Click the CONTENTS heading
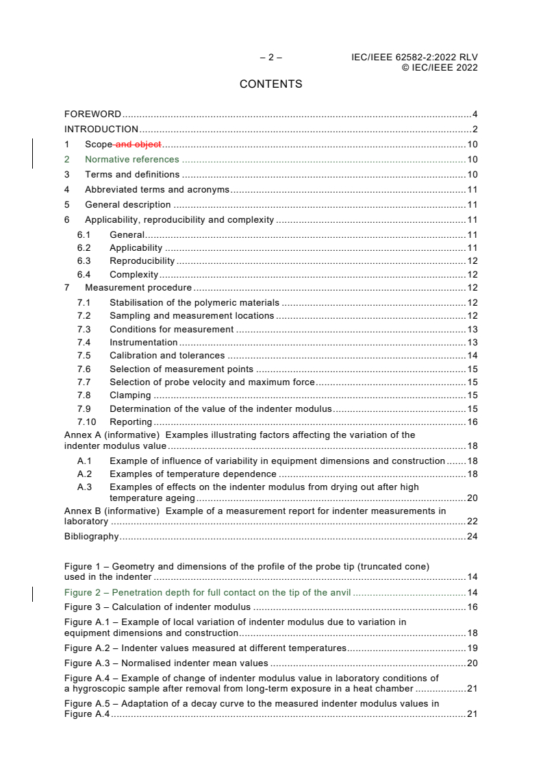[x=270, y=84]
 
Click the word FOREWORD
[x=92, y=114]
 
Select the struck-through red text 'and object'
[x=139, y=145]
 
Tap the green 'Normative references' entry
[x=132, y=160]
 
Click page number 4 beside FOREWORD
[x=475, y=114]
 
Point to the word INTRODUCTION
[x=101, y=130]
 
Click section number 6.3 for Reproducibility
[x=85, y=261]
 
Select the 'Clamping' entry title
[x=130, y=395]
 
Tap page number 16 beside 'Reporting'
[x=472, y=422]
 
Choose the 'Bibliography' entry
[x=91, y=537]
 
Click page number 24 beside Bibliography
[x=472, y=537]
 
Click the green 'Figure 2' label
[x=84, y=593]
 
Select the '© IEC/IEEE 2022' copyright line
[x=439, y=67]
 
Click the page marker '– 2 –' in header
[x=270, y=58]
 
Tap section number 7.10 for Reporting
[x=86, y=422]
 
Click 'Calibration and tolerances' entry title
[x=167, y=356]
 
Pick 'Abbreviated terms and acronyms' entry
[x=157, y=190]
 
